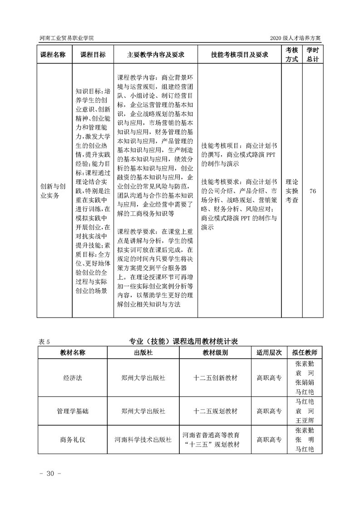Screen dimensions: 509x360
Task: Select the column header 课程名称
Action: pyautogui.click(x=53, y=55)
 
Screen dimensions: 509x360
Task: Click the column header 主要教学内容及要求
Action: pyautogui.click(x=156, y=55)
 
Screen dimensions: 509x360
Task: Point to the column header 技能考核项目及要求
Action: pyautogui.click(x=239, y=55)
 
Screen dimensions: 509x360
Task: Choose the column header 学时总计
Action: pyautogui.click(x=312, y=54)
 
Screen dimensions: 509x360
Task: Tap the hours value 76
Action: pyautogui.click(x=312, y=191)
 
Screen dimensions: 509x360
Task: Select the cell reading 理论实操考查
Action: pyautogui.click(x=292, y=191)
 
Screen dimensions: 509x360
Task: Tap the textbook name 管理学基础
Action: pyautogui.click(x=73, y=411)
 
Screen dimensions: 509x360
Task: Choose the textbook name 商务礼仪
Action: pyautogui.click(x=73, y=440)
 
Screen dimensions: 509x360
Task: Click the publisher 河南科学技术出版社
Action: pyautogui.click(x=143, y=440)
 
